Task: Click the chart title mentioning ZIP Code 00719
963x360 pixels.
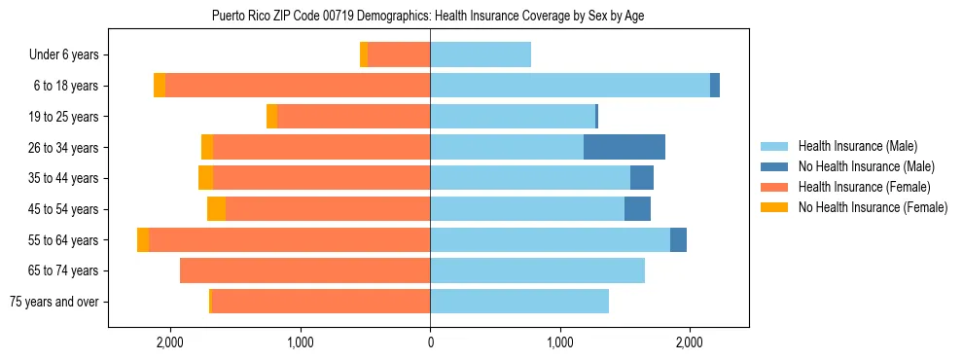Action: point(428,16)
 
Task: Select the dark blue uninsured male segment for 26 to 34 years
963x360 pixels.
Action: point(624,147)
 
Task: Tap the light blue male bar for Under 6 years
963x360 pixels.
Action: point(481,54)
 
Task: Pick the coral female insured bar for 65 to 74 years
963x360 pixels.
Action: point(304,270)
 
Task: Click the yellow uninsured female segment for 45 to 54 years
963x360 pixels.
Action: point(216,209)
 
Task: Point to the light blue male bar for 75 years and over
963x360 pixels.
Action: point(519,302)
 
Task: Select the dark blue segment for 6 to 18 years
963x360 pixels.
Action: point(715,86)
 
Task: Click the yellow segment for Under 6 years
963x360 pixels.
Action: point(364,54)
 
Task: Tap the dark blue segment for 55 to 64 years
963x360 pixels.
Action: point(678,239)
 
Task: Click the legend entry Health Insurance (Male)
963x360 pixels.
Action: point(857,147)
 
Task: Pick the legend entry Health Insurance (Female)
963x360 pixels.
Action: point(864,187)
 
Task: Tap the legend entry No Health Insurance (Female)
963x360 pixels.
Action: point(873,207)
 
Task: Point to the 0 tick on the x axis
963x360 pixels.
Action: point(430,342)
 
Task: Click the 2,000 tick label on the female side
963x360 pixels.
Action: point(170,342)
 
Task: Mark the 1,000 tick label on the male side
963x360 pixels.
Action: point(560,342)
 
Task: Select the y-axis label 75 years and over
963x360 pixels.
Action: point(53,302)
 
